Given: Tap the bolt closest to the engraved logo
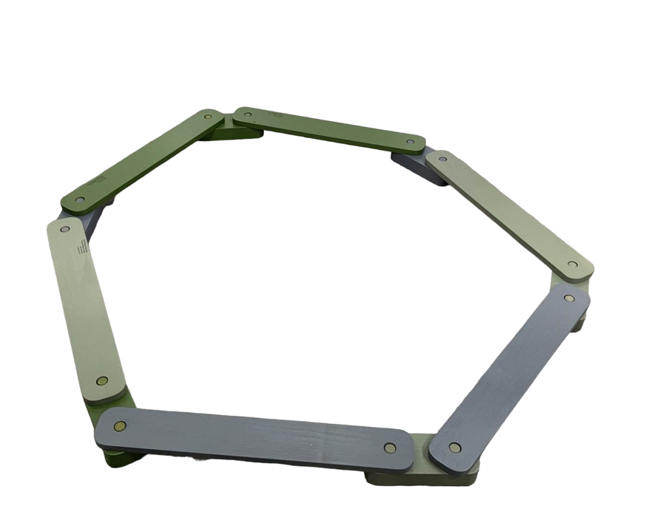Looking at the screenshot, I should tap(64, 230).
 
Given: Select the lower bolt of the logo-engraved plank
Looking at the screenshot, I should tap(102, 381).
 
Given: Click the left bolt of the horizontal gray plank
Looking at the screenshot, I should tap(121, 426).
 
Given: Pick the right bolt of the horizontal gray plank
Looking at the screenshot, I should tap(390, 447).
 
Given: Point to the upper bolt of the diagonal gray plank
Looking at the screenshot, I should tap(569, 298).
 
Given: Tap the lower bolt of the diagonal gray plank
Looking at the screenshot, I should tap(455, 448).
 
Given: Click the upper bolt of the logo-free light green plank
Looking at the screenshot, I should tap(441, 157).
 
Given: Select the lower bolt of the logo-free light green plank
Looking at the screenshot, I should tap(572, 264).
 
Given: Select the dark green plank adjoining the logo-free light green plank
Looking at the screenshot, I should tap(329, 130).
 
